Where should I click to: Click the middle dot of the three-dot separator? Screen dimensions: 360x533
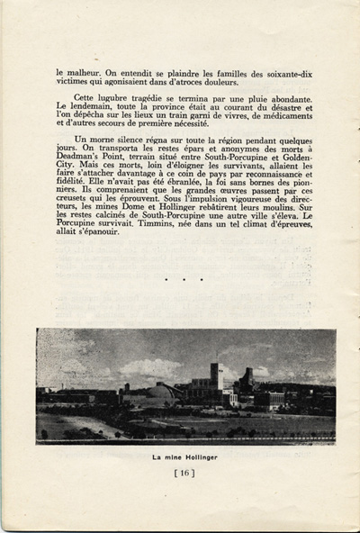(184, 279)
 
